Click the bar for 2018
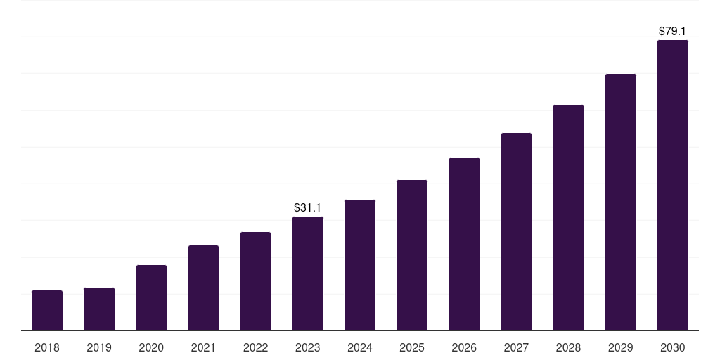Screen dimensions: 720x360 (x=47, y=310)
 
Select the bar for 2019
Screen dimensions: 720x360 (x=99, y=309)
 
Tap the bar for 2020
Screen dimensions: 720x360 (x=152, y=297)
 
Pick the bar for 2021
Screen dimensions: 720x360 (x=203, y=288)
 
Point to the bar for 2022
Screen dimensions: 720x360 (x=255, y=281)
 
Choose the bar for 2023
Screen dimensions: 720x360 (x=308, y=274)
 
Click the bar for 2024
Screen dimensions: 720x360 (x=360, y=265)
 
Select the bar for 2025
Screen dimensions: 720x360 (x=412, y=255)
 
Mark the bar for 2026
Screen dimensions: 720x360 (x=464, y=244)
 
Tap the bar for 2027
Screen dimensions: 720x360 (x=516, y=231)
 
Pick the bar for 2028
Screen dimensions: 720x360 (x=568, y=218)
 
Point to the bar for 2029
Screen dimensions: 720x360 (x=621, y=202)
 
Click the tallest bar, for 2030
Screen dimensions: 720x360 (x=673, y=185)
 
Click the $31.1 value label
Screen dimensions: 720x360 (x=308, y=207)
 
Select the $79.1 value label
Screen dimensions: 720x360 (x=672, y=31)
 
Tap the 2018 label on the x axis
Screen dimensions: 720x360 (x=47, y=347)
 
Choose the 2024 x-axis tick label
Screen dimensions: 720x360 (x=360, y=347)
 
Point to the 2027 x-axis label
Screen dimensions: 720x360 (x=516, y=347)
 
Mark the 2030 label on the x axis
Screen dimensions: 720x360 (x=673, y=347)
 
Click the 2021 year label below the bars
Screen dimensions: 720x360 (x=203, y=347)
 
